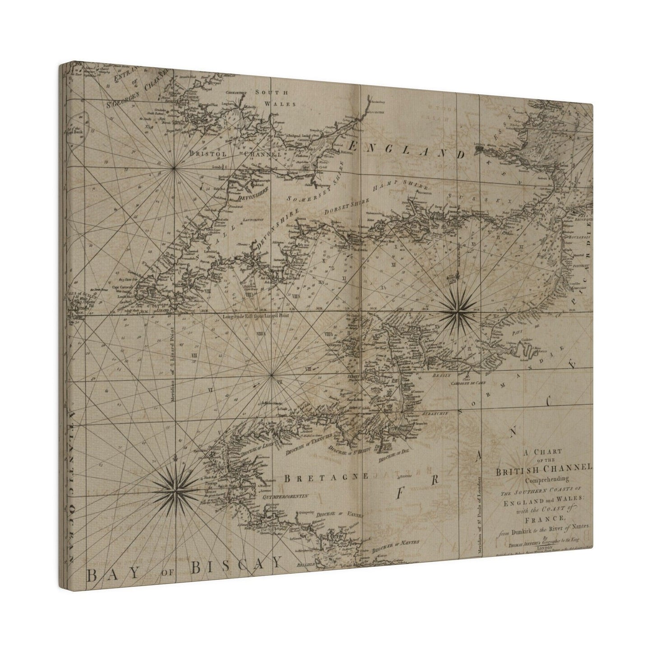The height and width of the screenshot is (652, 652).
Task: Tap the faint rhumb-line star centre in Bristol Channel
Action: click(x=174, y=168)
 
